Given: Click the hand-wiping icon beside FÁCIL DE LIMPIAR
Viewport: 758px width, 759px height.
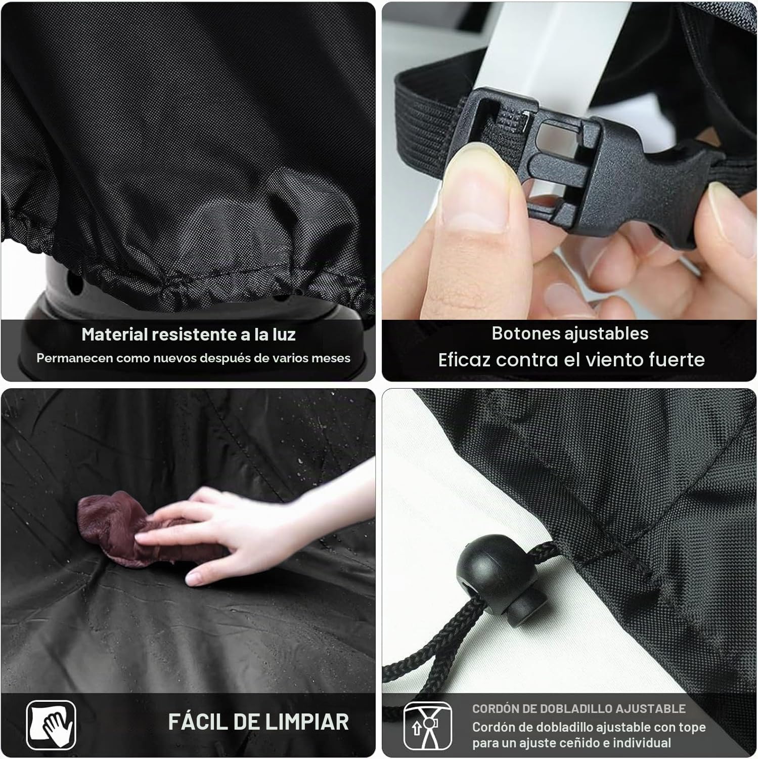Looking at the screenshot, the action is click(51, 725).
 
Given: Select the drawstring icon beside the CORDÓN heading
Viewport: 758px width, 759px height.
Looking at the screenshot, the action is click(427, 726).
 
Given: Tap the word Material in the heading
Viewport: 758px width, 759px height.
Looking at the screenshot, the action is click(115, 334).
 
